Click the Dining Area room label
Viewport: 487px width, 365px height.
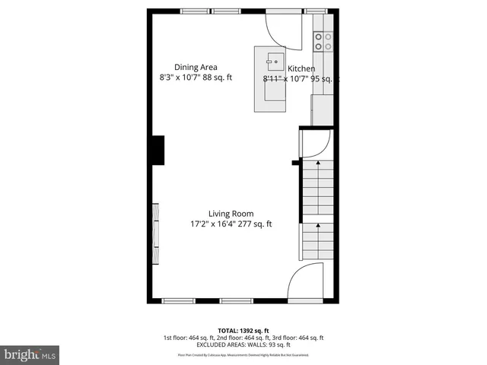(x=196, y=67)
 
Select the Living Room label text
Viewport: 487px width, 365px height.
(x=231, y=214)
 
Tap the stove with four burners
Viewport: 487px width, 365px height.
(x=323, y=42)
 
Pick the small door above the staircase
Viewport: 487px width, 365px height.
(x=314, y=144)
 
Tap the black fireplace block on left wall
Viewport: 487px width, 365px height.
(x=158, y=150)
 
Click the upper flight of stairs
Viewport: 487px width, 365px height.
(x=319, y=187)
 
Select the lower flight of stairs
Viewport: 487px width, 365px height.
(x=319, y=243)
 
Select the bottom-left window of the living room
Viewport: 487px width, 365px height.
(x=180, y=301)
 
